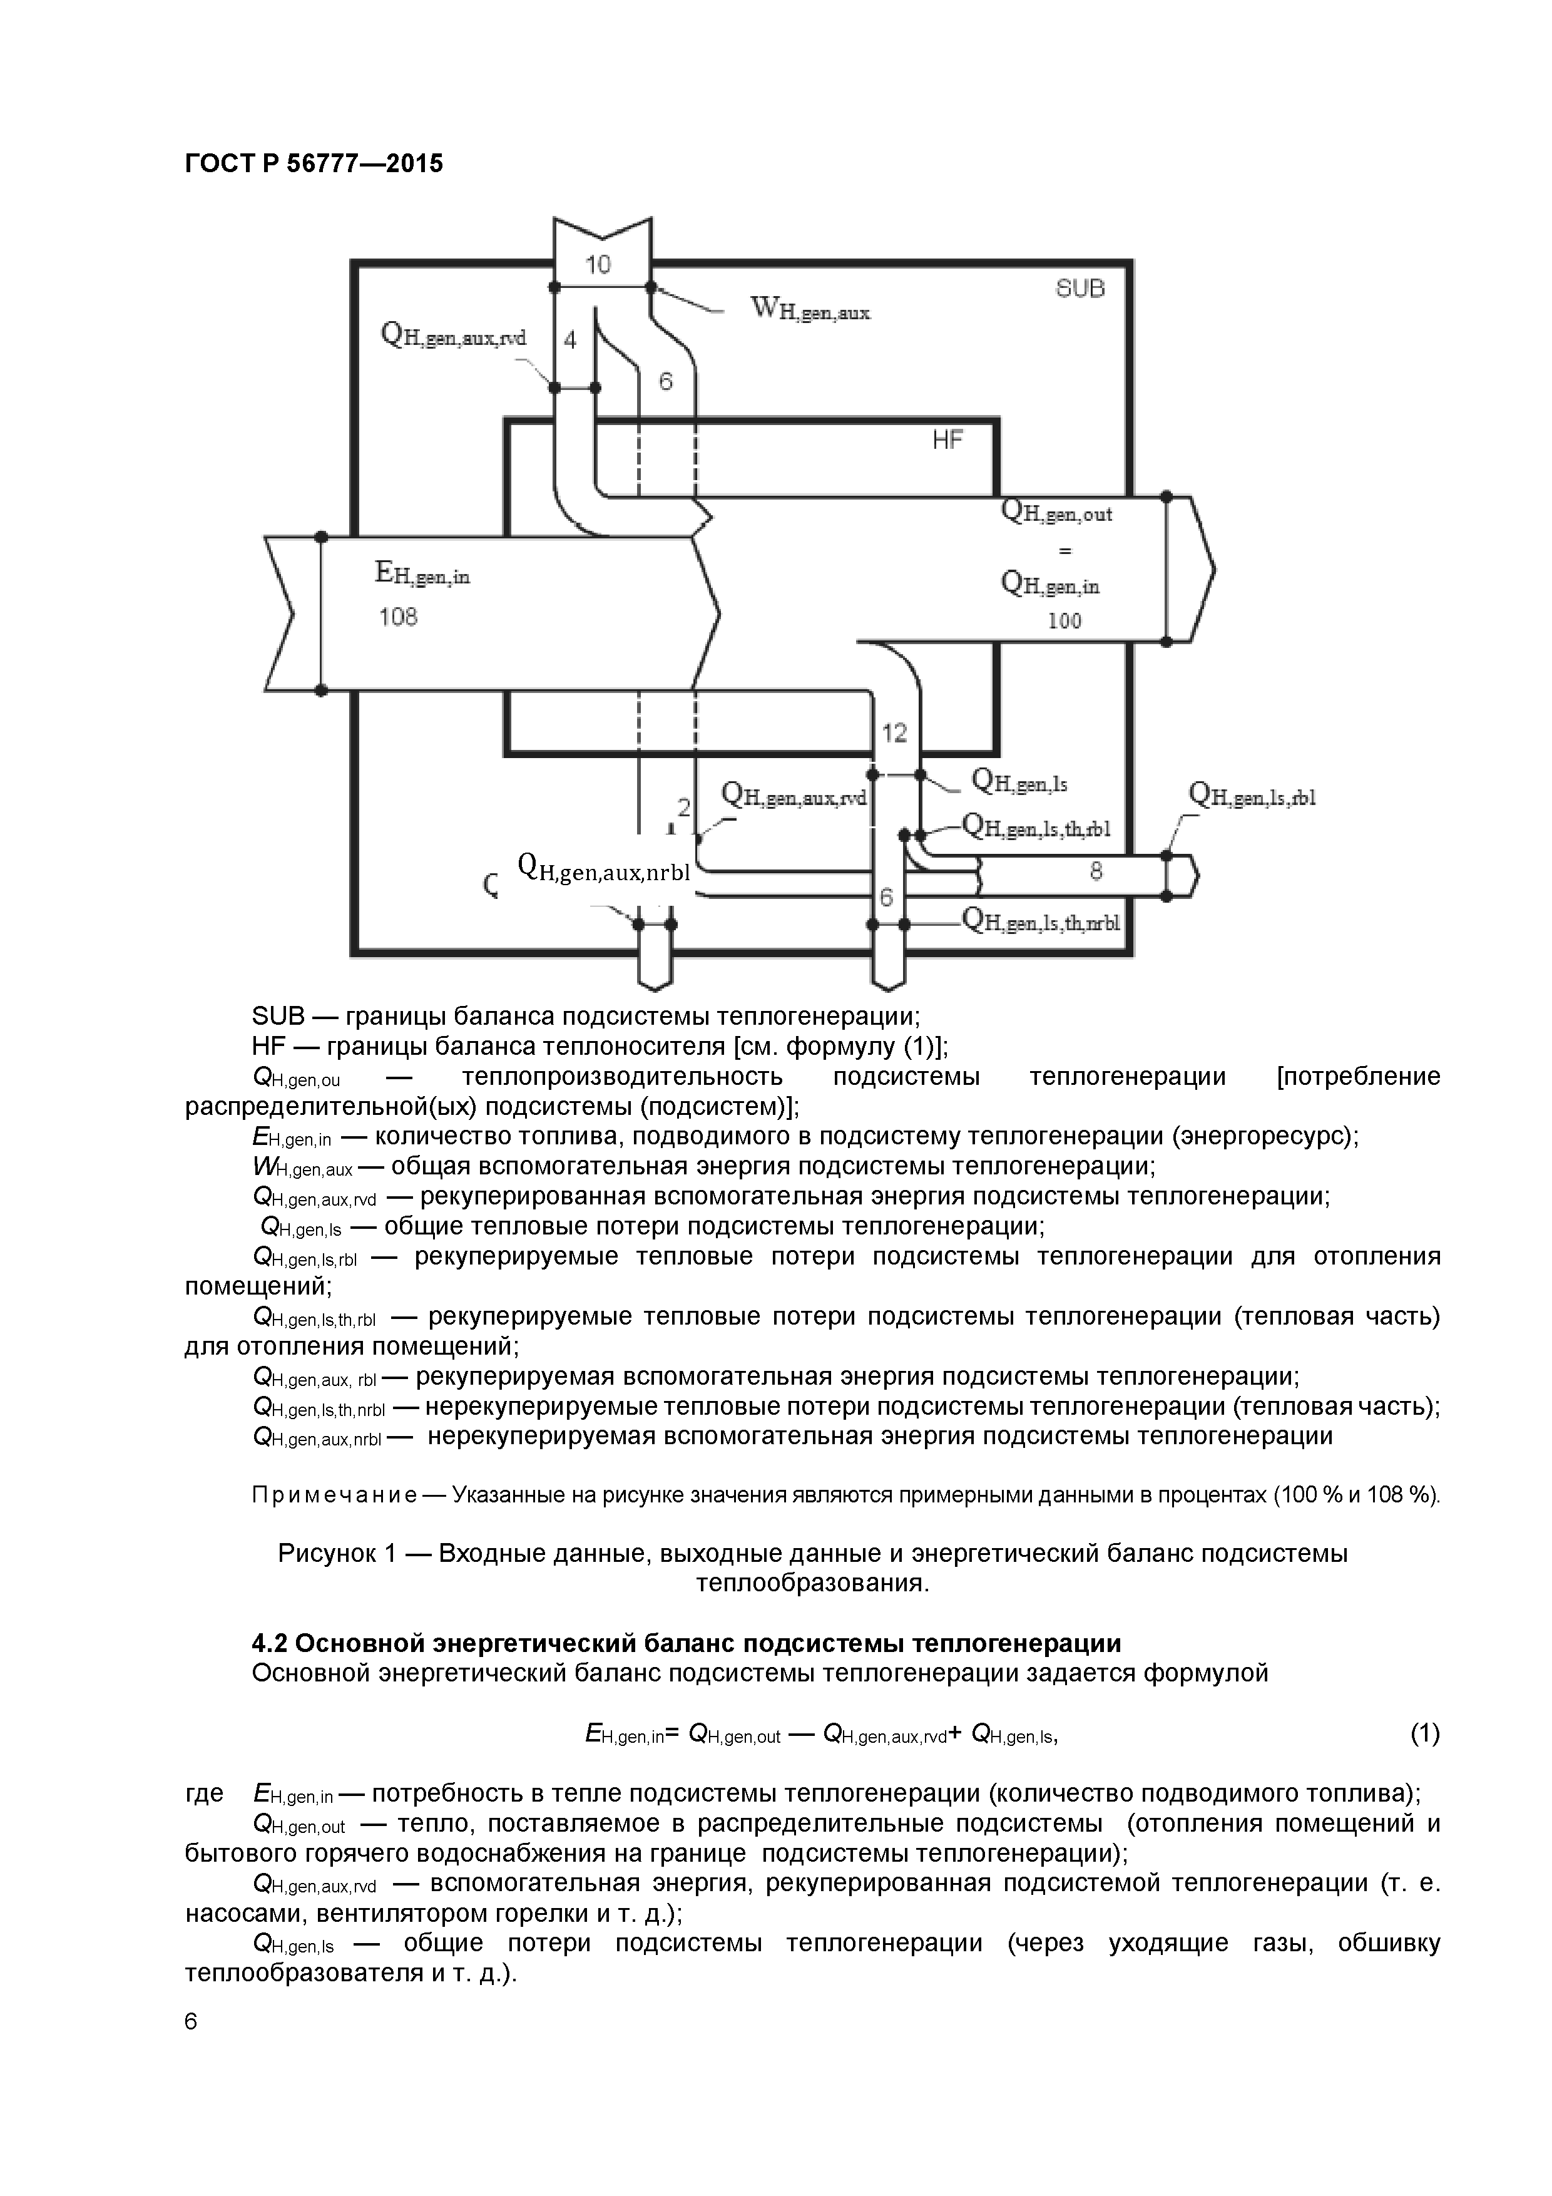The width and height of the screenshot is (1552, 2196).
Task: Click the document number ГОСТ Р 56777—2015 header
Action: pyautogui.click(x=314, y=163)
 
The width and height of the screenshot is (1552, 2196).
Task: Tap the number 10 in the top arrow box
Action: pyautogui.click(x=598, y=265)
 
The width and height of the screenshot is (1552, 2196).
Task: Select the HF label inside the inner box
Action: pyautogui.click(x=947, y=440)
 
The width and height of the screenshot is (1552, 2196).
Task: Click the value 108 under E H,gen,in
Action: pyautogui.click(x=398, y=617)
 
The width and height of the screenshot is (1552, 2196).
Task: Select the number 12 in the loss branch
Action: pyautogui.click(x=894, y=732)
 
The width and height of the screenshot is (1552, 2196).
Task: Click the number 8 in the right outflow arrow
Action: pyautogui.click(x=1096, y=870)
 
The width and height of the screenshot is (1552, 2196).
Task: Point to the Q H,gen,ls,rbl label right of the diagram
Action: pyautogui.click(x=1252, y=796)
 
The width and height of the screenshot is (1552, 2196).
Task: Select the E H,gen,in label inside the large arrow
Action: pyautogui.click(x=422, y=574)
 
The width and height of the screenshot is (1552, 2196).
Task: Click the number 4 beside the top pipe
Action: pyautogui.click(x=570, y=339)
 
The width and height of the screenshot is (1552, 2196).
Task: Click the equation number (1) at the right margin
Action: pyautogui.click(x=1425, y=1733)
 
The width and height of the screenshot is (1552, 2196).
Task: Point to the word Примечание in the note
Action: pyautogui.click(x=334, y=1495)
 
